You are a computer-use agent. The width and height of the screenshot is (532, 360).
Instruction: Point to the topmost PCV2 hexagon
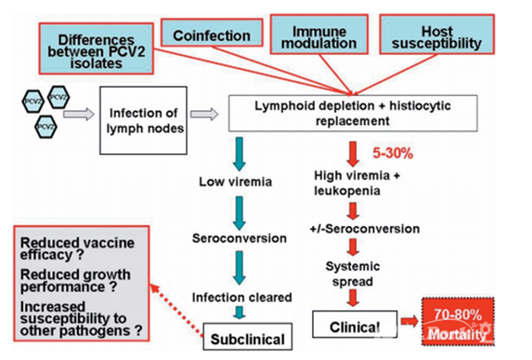32,97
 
